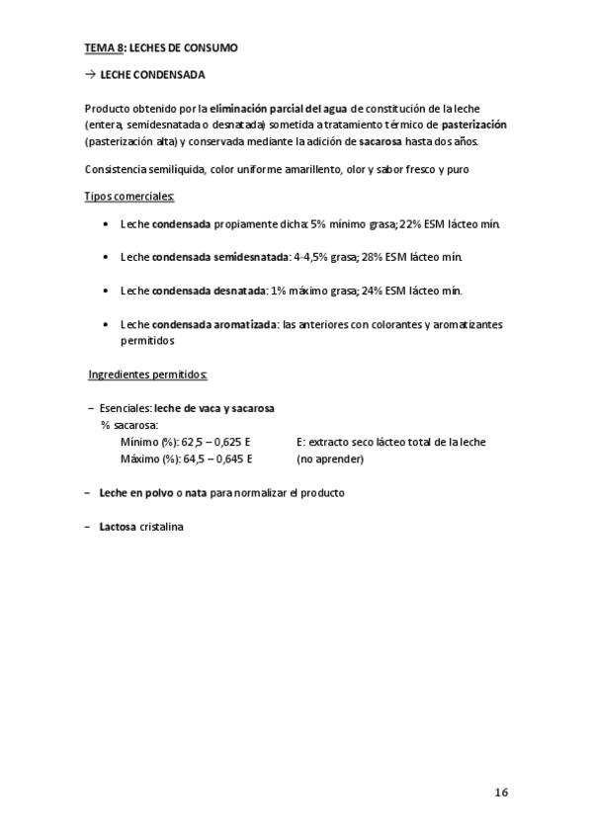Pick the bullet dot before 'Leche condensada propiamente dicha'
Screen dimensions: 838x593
[106, 225]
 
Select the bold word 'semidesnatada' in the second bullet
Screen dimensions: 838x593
[251, 257]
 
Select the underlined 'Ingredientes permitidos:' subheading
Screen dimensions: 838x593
[147, 376]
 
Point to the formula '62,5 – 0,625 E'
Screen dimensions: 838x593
[215, 442]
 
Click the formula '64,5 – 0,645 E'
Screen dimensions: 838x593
[217, 459]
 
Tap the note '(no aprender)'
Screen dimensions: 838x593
[330, 459]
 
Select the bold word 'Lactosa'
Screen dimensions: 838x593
[118, 526]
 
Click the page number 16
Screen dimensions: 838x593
[501, 792]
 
